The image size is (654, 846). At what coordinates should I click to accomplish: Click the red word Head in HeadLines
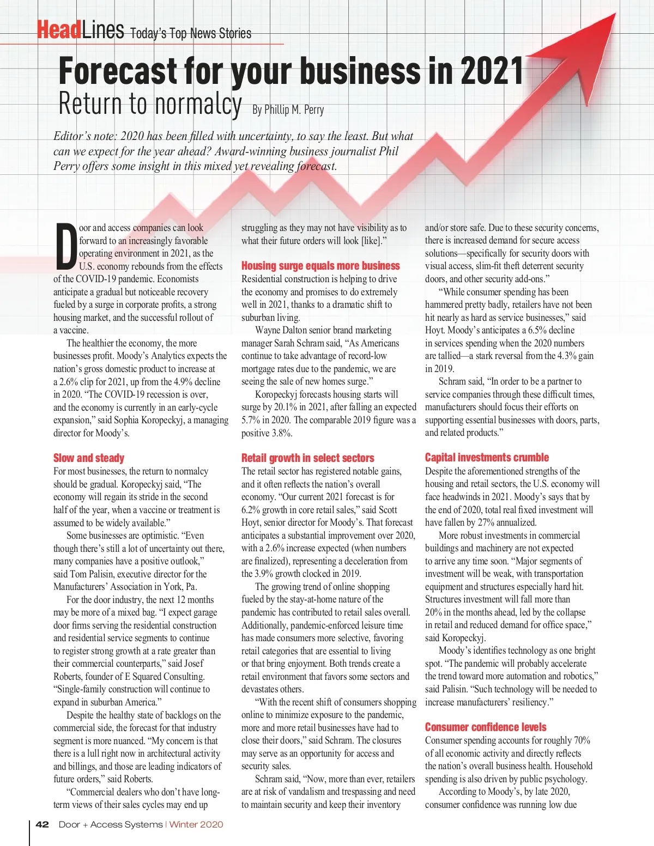(59, 30)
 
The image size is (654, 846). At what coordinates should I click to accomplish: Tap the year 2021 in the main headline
(492, 71)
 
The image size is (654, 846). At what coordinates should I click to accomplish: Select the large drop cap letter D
(66, 247)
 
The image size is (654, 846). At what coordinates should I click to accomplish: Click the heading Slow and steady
(89, 458)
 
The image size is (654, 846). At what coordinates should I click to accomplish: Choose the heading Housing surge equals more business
(320, 266)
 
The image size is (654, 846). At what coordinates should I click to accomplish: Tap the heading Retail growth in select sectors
(307, 458)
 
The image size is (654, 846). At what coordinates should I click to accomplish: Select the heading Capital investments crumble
(487, 457)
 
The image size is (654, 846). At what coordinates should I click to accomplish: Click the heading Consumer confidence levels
(485, 727)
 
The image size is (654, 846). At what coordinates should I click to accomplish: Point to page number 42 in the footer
(42, 824)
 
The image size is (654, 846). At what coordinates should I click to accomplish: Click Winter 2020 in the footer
(196, 824)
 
